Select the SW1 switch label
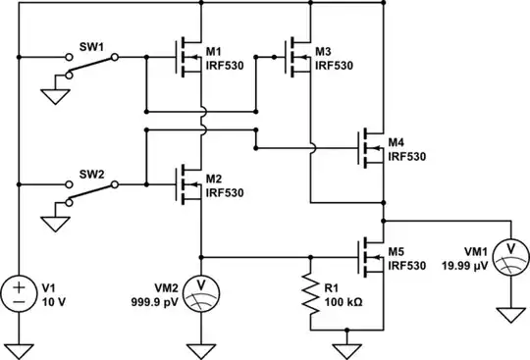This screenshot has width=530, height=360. (91, 45)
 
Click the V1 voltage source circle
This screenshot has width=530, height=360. (19, 291)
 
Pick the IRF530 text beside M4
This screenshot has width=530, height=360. (406, 155)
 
